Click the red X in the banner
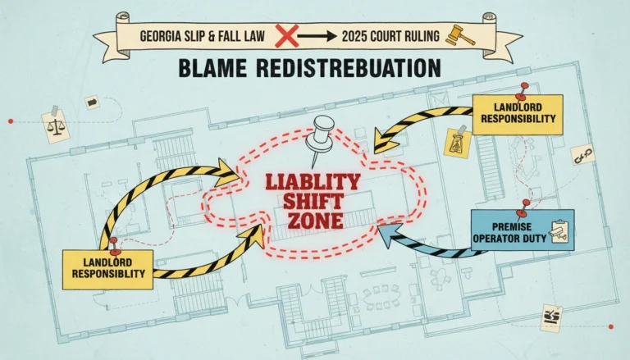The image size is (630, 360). click(287, 36)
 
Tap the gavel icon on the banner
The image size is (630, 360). click(461, 36)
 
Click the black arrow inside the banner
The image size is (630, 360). click(317, 37)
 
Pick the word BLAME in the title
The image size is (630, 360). click(212, 68)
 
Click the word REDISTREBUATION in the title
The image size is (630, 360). click(349, 68)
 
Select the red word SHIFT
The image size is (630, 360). click(313, 202)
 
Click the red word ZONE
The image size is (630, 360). click(315, 221)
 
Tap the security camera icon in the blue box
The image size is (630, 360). click(559, 231)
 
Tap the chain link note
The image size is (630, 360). click(583, 155)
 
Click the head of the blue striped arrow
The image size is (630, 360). click(388, 235)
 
